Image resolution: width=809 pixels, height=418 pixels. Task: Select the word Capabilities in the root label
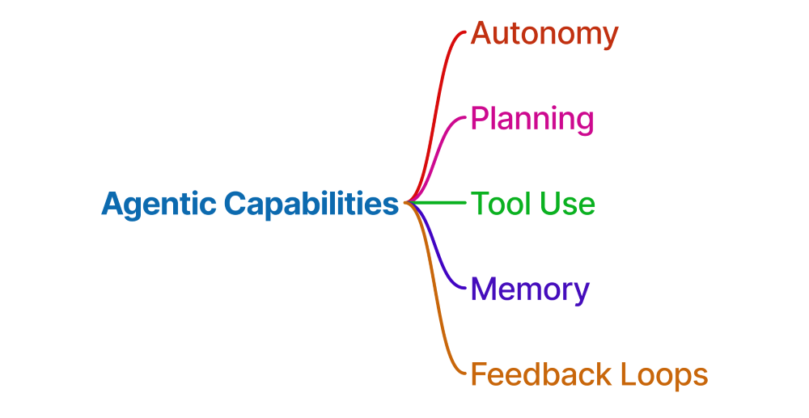pyautogui.click(x=311, y=204)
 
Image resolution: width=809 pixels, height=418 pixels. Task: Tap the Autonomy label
pyautogui.click(x=544, y=34)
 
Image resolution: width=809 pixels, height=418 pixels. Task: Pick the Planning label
pyautogui.click(x=532, y=119)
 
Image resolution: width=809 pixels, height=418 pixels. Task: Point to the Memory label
pyautogui.click(x=530, y=289)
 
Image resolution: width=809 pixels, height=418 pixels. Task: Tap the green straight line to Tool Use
pyautogui.click(x=441, y=202)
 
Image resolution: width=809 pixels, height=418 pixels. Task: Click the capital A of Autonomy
pyautogui.click(x=481, y=34)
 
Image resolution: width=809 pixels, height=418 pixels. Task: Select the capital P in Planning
pyautogui.click(x=479, y=119)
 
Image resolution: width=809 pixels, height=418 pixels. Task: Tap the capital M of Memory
pyautogui.click(x=483, y=289)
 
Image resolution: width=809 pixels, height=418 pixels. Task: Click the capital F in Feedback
pyautogui.click(x=479, y=374)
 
